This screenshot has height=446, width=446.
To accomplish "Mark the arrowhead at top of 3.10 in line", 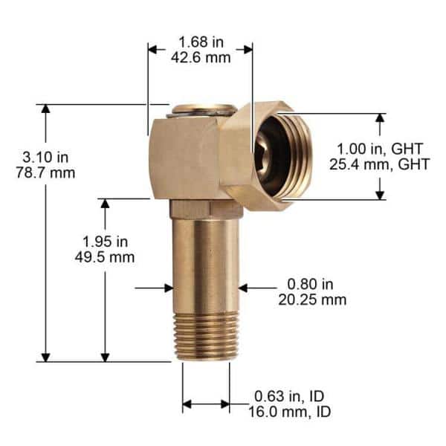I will click(x=46, y=109).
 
